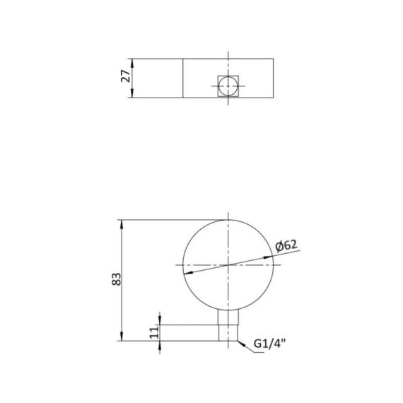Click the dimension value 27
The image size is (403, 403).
pyautogui.click(x=126, y=77)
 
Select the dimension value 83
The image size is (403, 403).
pyautogui.click(x=116, y=281)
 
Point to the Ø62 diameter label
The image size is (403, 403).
pyautogui.click(x=286, y=245)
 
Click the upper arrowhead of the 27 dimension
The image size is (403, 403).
pyautogui.click(x=134, y=59)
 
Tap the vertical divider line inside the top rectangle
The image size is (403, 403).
pyautogui.click(x=183, y=77)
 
